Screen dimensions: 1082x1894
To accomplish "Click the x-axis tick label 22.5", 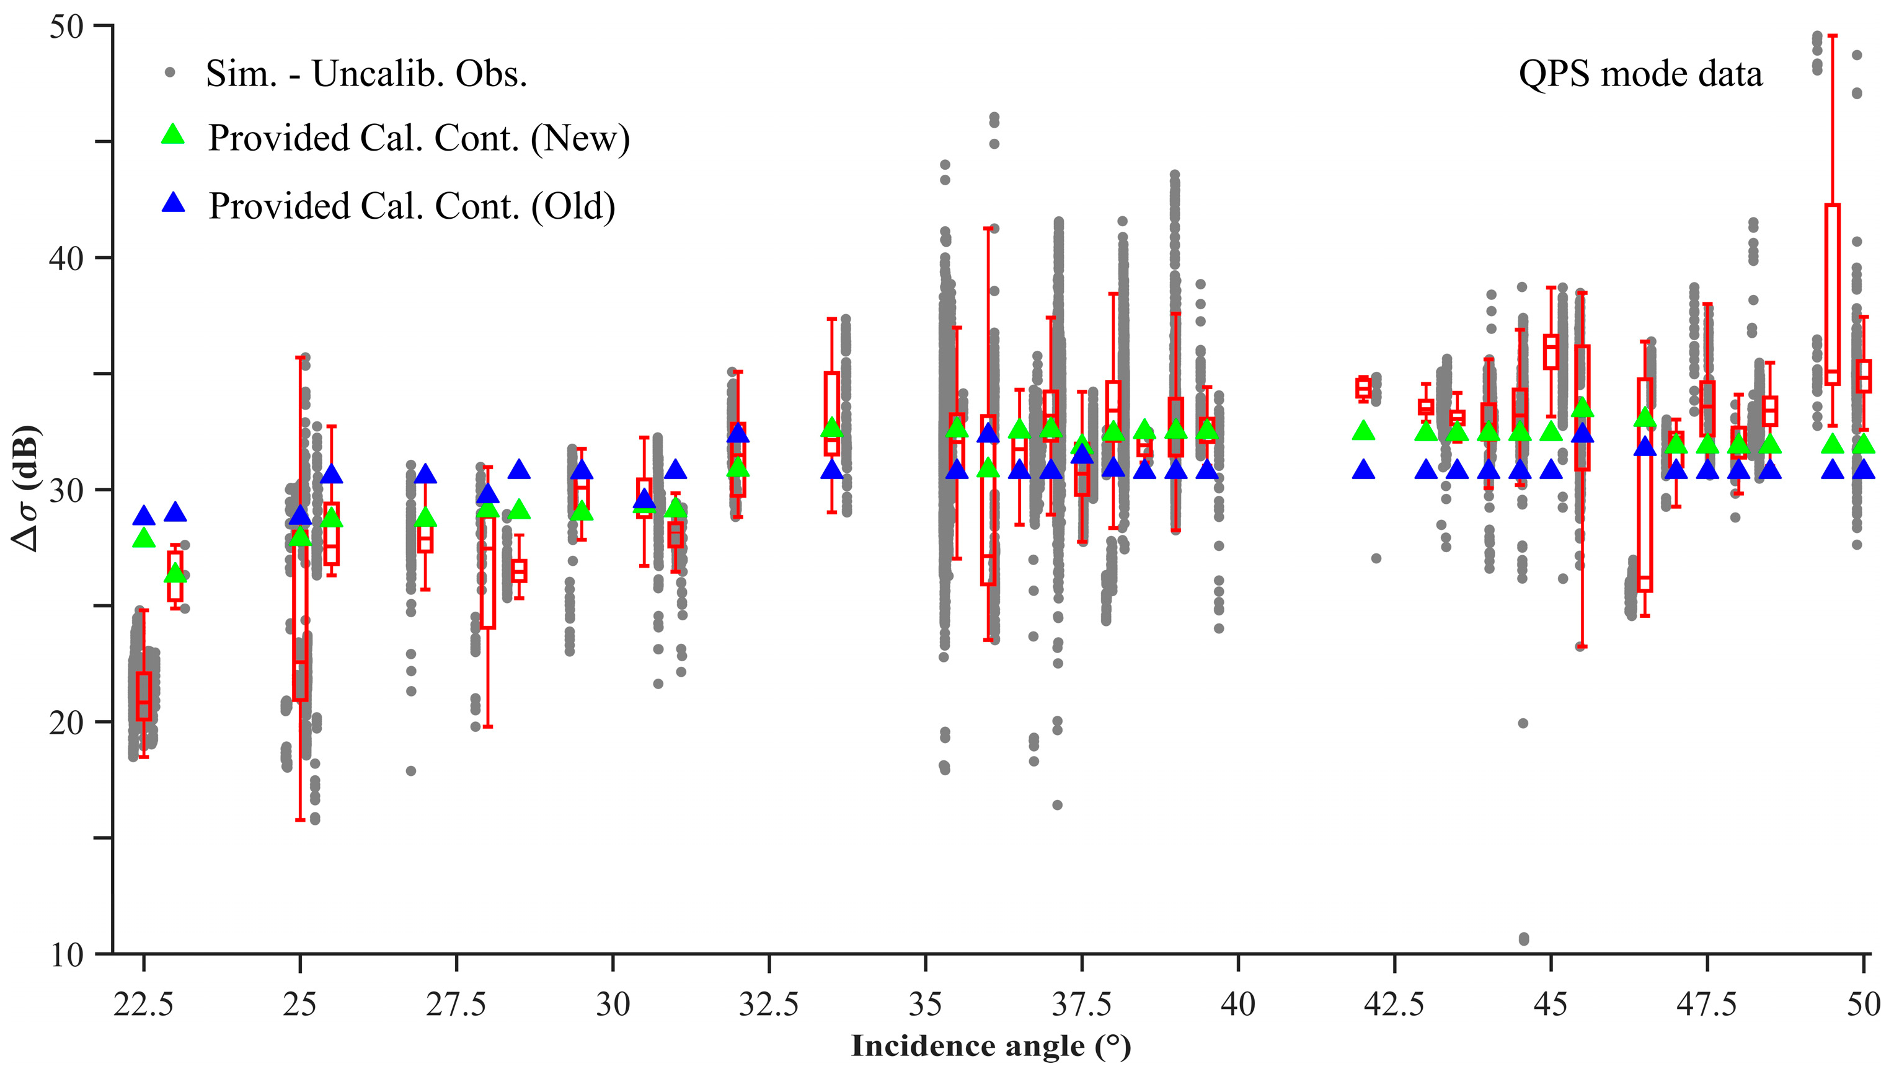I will (x=143, y=1005).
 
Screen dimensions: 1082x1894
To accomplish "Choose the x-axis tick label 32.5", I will (x=769, y=1005).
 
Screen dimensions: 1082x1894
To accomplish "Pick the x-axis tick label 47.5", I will (x=1707, y=1005).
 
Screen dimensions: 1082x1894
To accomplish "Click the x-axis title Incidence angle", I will (x=991, y=1046).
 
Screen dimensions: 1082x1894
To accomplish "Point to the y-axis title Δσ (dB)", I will (x=27, y=488).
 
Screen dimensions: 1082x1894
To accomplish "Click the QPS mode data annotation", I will (x=1640, y=74).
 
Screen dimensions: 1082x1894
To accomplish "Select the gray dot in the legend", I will (x=170, y=73).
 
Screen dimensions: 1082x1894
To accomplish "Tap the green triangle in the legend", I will (x=173, y=134).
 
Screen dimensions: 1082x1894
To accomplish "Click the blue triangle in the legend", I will (x=173, y=203).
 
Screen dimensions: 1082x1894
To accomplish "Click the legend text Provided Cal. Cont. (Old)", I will (x=412, y=206).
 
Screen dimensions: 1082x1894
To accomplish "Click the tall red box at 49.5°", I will (x=1832, y=294).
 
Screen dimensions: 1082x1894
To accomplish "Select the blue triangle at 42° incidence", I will (x=1363, y=470).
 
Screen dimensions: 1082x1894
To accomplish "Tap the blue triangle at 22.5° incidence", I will (x=144, y=516).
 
